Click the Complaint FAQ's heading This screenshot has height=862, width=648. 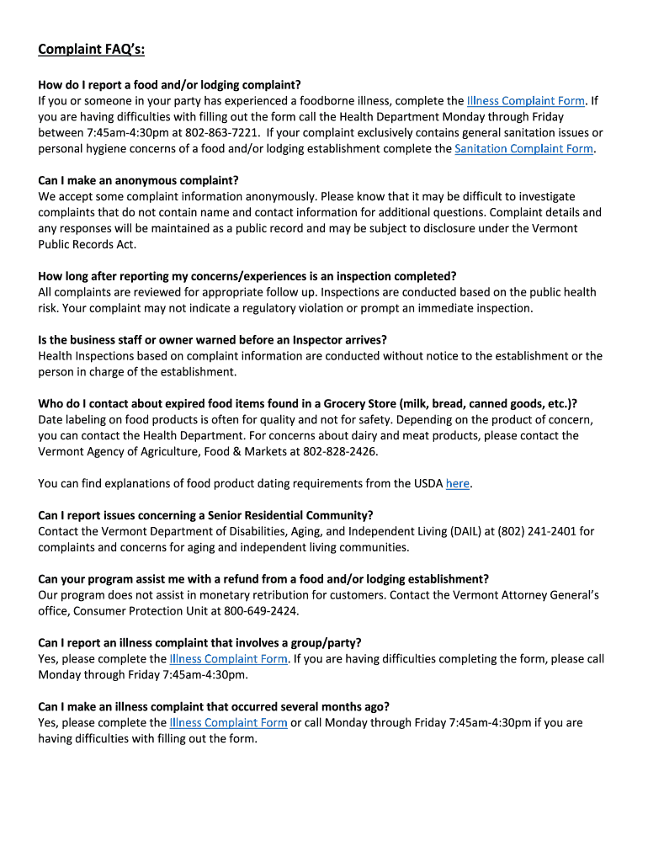[91, 51]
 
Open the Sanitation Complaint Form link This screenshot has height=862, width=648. [523, 149]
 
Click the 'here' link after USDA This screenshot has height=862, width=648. [457, 484]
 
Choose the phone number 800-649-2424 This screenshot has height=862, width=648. [261, 611]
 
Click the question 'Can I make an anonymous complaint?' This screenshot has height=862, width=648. [139, 180]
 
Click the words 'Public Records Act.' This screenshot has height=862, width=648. [87, 244]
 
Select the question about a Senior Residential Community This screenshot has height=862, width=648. [205, 515]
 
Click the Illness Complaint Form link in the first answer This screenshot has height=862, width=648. [526, 101]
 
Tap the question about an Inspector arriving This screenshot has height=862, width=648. [212, 340]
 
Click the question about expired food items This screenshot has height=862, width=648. [307, 403]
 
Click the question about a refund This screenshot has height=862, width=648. [263, 579]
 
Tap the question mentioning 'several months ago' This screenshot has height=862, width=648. [214, 706]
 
